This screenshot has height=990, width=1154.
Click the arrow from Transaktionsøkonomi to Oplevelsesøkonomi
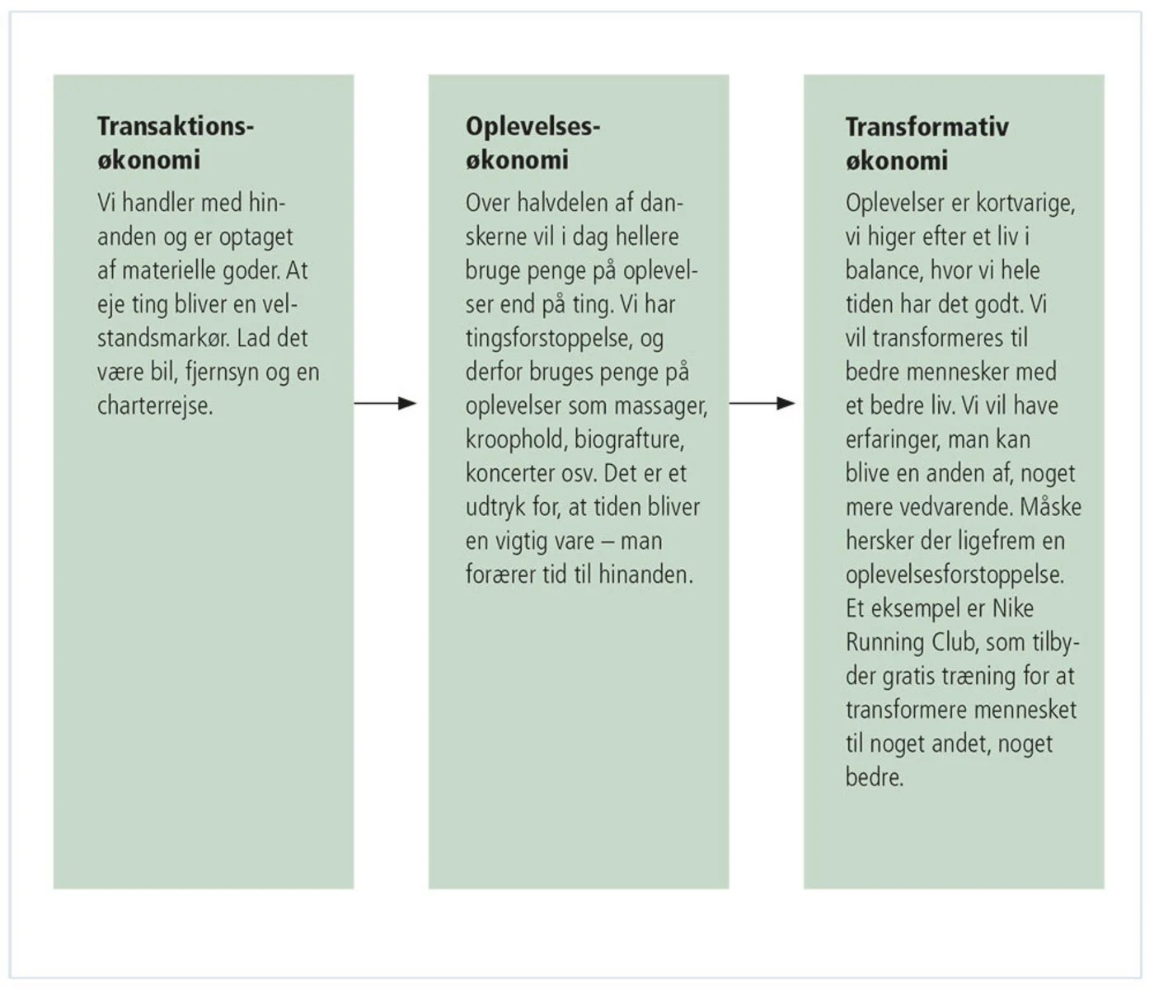pos(385,403)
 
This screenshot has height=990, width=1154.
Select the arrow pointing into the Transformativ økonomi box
pos(761,403)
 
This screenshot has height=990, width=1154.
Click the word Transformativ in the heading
pos(926,127)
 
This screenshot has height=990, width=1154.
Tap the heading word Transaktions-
pos(176,126)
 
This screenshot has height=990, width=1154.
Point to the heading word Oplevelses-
pos(532,126)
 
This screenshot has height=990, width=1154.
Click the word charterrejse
pos(154,406)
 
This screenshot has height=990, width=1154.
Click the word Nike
pos(1012,608)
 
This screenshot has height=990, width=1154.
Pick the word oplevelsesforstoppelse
pos(955,575)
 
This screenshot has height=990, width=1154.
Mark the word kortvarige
pos(1025,203)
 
